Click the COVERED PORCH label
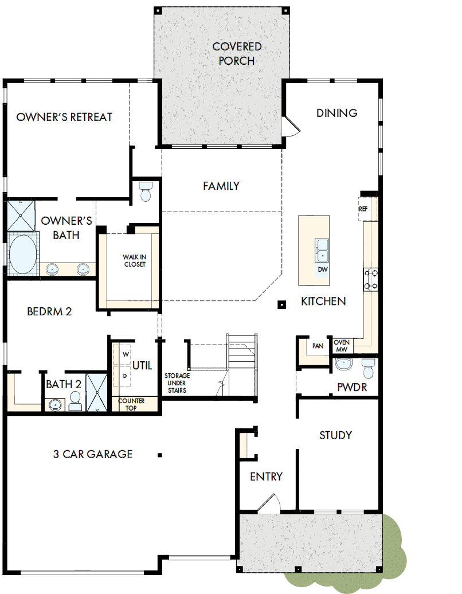click(x=237, y=53)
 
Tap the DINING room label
click(x=336, y=113)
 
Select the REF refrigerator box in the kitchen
click(x=363, y=209)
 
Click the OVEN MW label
click(x=342, y=346)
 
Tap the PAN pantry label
click(x=317, y=346)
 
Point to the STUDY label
click(x=335, y=435)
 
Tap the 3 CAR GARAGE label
click(x=93, y=454)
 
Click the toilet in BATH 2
click(x=75, y=401)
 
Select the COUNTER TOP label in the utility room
click(x=131, y=404)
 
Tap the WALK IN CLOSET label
click(x=134, y=260)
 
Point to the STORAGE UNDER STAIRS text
click(x=177, y=382)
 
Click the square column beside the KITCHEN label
click(x=281, y=304)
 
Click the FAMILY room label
click(x=221, y=186)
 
